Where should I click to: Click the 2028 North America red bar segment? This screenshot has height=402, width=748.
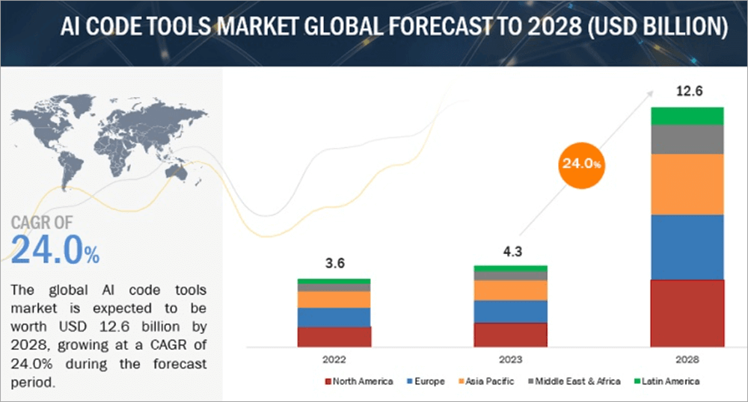(687, 313)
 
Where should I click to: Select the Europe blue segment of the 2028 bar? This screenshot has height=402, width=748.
(687, 247)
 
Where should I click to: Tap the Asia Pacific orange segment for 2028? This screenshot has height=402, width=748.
(687, 184)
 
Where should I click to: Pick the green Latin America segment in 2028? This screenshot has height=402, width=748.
(687, 116)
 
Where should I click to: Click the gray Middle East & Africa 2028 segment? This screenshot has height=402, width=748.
(687, 139)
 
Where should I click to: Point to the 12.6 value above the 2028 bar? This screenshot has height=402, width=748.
(687, 93)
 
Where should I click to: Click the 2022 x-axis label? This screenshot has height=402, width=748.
(334, 359)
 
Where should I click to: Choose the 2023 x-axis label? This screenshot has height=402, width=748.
(510, 359)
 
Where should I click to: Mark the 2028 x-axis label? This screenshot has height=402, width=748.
(687, 359)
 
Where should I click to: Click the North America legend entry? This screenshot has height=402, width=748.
(359, 382)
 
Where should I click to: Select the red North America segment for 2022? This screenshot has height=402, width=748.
(334, 337)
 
